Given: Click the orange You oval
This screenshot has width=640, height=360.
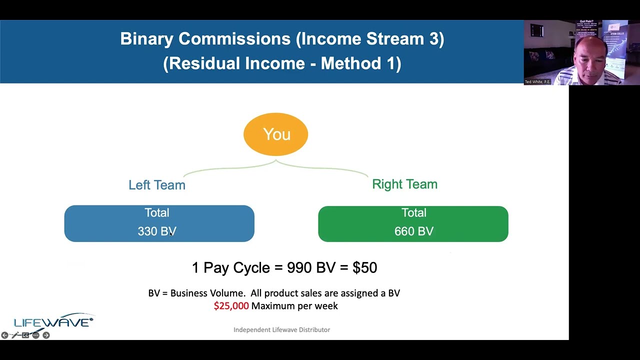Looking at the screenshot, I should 276,134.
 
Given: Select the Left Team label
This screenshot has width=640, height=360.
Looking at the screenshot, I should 156,185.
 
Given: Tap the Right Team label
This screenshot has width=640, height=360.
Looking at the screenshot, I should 404,184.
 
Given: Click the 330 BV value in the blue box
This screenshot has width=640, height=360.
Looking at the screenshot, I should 157,231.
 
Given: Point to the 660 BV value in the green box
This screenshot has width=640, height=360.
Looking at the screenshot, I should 413,231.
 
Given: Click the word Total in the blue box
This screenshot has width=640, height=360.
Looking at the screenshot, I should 157,213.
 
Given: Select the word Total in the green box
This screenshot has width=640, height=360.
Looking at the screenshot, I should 413,213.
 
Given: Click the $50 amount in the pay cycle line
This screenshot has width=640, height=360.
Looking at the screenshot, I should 364,267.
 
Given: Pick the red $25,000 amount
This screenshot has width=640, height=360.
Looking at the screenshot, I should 231,306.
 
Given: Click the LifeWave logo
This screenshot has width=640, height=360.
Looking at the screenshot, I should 53,322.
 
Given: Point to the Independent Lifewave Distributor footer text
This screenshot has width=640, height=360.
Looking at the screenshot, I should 281,330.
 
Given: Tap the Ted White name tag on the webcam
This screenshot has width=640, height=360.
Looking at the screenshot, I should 537,81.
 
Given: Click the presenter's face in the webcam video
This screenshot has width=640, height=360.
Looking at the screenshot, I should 589,55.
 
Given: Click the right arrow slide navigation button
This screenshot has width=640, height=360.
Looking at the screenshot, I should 46,335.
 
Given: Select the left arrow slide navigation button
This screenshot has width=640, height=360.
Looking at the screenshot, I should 4,335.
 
